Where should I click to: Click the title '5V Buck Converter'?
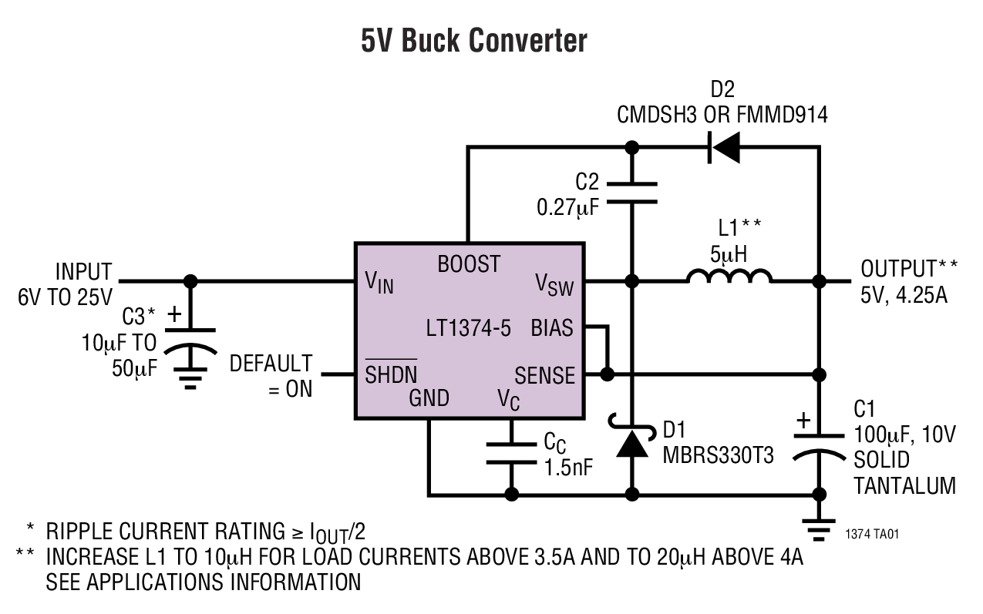[x=473, y=41]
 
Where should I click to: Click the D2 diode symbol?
[x=724, y=147]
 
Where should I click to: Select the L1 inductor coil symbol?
[x=729, y=278]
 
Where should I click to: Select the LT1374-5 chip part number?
[x=469, y=329]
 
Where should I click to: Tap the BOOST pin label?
[x=469, y=264]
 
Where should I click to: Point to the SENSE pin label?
[x=544, y=375]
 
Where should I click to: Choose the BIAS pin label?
[x=552, y=329]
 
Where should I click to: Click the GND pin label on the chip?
[x=429, y=398]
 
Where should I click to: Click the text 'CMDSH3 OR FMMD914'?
[x=722, y=116]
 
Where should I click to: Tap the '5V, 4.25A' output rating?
[x=904, y=296]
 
